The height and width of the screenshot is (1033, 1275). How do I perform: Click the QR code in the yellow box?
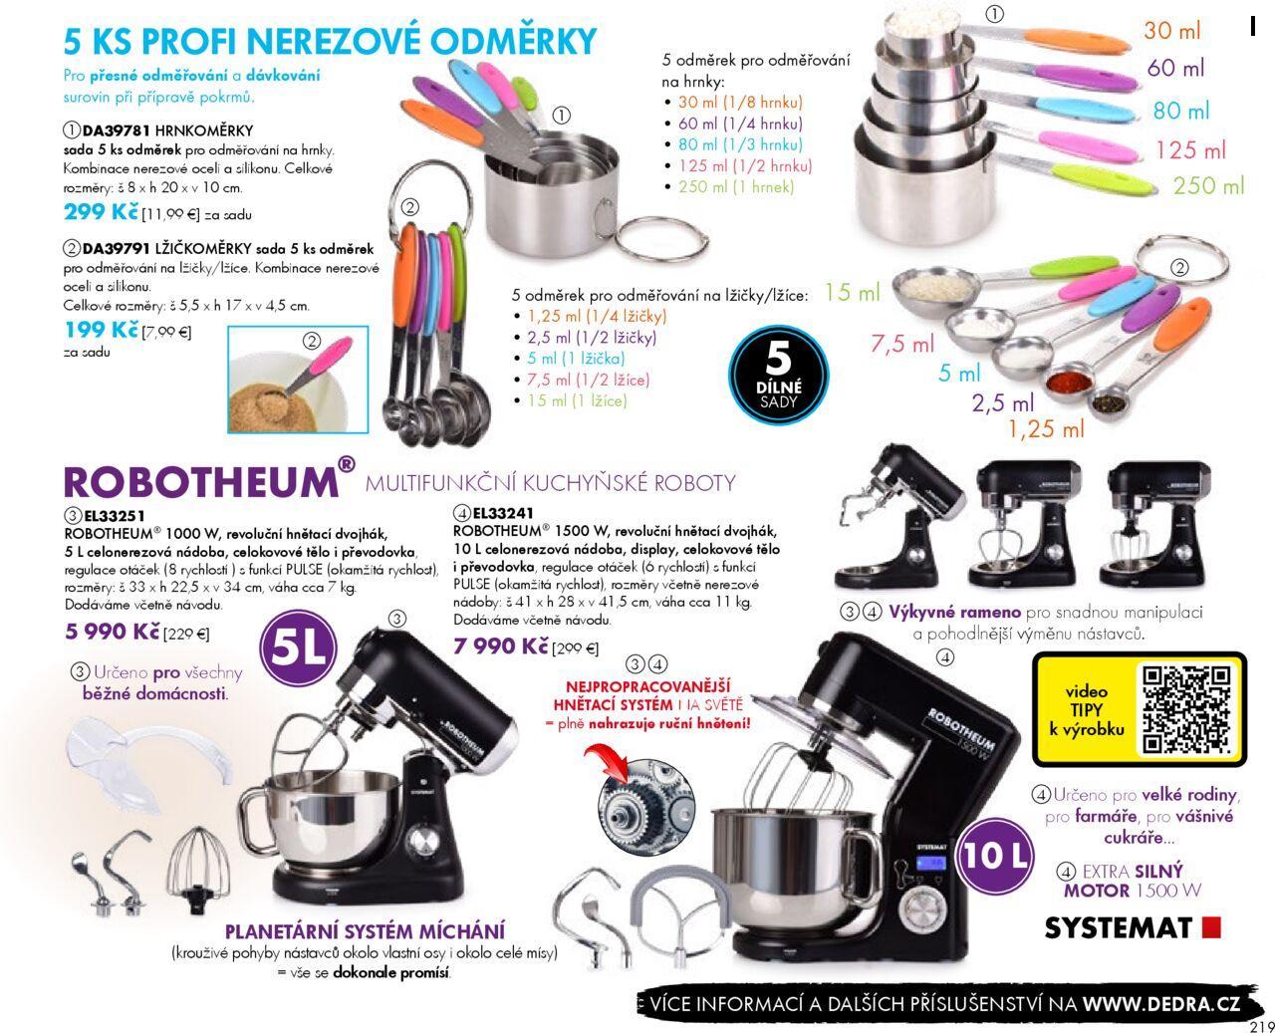(x=1186, y=709)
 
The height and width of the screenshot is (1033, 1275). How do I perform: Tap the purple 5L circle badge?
(x=298, y=647)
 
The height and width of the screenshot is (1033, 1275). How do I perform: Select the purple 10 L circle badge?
(x=994, y=857)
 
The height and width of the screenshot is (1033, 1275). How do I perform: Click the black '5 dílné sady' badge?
(x=778, y=376)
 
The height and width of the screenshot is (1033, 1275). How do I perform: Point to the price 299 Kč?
(x=101, y=211)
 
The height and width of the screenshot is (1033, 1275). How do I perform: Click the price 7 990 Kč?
(x=500, y=646)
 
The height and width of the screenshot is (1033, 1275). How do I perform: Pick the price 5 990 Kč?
(x=113, y=631)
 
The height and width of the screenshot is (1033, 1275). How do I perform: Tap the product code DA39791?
(x=117, y=248)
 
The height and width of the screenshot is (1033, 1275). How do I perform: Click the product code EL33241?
(x=503, y=513)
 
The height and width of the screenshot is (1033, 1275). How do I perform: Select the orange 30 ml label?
(x=1172, y=30)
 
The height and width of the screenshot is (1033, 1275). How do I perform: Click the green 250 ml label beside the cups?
(x=1208, y=185)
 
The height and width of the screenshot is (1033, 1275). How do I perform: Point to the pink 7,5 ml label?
(x=902, y=344)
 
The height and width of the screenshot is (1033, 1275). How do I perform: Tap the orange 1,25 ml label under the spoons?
(x=1046, y=428)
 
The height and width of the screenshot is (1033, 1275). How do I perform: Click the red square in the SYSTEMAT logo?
(x=1211, y=928)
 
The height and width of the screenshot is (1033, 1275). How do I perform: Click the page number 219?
(x=1261, y=1026)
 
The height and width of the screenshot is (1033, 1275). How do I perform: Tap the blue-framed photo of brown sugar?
(x=298, y=380)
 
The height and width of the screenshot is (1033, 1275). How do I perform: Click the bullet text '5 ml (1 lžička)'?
(x=576, y=359)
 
